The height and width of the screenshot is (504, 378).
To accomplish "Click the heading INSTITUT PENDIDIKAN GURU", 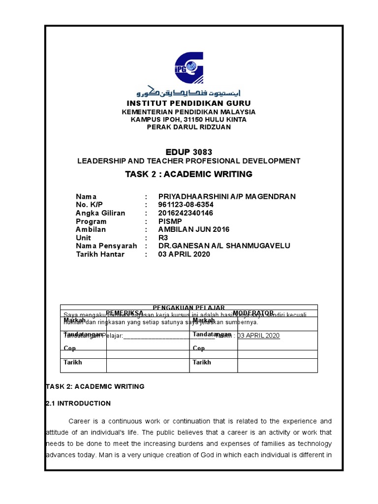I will click(189, 103).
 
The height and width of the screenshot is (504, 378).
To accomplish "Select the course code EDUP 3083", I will click(189, 152).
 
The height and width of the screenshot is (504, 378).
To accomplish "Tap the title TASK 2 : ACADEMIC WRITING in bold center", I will click(189, 174).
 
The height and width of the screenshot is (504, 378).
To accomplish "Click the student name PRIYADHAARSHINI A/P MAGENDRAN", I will click(227, 196).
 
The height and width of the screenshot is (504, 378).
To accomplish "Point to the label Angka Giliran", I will click(100, 213).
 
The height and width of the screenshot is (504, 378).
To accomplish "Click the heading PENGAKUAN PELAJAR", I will click(188, 307).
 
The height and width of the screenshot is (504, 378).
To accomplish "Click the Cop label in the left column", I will click(69, 348).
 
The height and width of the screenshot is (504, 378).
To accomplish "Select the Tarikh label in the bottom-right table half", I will click(202, 362).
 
